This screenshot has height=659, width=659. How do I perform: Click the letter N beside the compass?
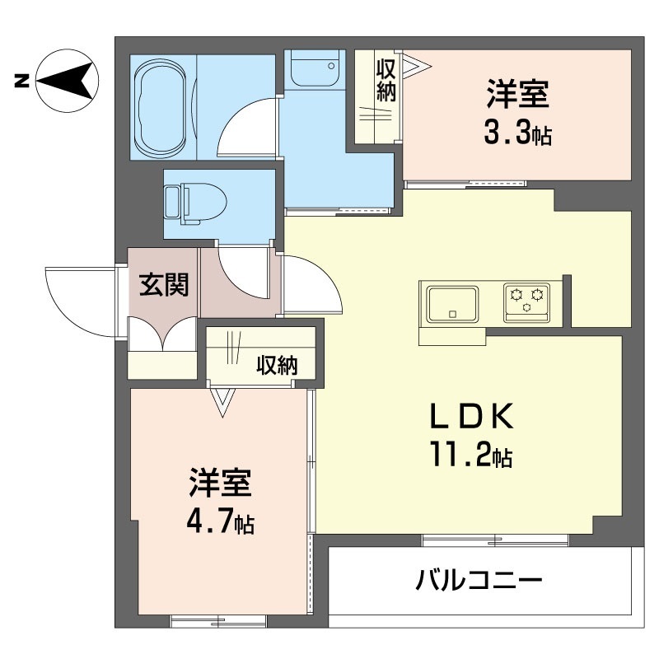tap(22, 80)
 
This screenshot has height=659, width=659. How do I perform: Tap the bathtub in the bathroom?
tap(161, 107)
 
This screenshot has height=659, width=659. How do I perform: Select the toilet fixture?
tap(195, 203)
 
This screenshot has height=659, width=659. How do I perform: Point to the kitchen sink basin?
tap(452, 303)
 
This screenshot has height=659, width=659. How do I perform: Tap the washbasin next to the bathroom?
tap(315, 68)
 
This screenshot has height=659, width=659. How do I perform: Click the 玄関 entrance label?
tap(164, 284)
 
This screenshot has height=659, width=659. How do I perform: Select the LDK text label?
tap(471, 416)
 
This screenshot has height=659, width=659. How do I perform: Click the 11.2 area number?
tap(460, 454)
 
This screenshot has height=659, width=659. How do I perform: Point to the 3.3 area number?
tap(507, 133)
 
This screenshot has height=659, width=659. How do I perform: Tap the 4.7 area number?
tap(209, 521)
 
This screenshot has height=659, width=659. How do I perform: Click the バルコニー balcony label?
tap(479, 581)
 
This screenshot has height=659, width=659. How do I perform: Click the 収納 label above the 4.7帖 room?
tap(277, 365)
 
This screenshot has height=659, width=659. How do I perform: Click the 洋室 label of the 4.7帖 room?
tap(220, 482)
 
